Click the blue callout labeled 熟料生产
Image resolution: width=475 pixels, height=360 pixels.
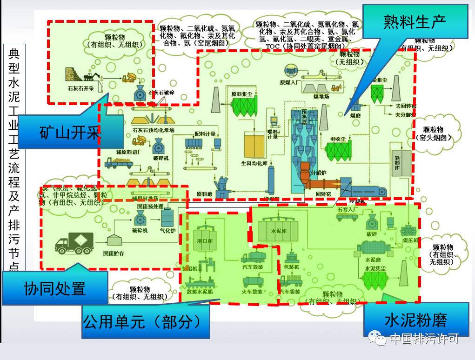(415, 21)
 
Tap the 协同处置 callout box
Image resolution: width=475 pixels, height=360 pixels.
(55, 288)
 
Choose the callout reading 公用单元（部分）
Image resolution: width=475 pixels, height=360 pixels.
(145, 321)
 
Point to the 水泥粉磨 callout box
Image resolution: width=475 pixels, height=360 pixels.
(416, 320)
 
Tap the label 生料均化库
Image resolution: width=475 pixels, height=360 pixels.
(254, 163)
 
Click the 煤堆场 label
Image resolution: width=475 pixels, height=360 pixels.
(321, 97)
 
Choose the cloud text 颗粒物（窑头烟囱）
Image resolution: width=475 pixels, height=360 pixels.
(434, 133)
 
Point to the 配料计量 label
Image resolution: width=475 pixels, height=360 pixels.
(205, 134)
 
